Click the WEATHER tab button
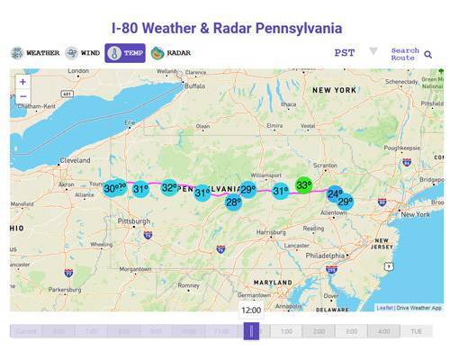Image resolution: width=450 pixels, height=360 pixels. [36, 53]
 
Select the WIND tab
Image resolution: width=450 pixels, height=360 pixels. [83, 53]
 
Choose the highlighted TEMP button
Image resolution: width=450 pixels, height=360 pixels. [125, 53]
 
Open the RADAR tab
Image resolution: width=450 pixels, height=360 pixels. [171, 53]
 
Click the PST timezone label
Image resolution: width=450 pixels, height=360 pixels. [345, 53]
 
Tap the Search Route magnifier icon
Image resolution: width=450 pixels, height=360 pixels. [428, 55]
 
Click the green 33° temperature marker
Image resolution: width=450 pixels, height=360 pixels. [303, 185]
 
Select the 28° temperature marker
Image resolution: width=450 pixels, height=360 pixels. [233, 202]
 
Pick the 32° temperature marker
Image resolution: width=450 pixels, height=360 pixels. [169, 187]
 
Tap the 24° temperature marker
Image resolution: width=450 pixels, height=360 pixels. [335, 194]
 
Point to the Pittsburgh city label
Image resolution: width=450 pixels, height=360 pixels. [134, 220]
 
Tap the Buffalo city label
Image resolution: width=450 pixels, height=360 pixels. [195, 87]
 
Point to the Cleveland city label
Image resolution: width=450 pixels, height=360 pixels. [75, 160]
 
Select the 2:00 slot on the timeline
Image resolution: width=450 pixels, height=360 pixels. [319, 331]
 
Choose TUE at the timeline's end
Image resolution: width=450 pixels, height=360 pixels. [417, 331]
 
